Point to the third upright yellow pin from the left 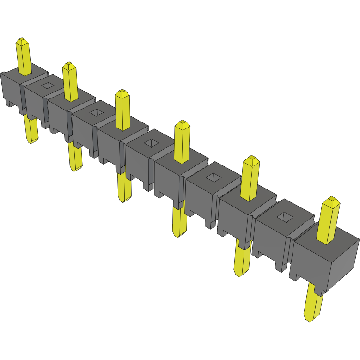[122, 111]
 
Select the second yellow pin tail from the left [74, 157]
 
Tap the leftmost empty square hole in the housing [48, 85]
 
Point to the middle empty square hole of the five [151, 143]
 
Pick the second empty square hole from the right [213, 177]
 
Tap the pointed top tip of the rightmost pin [331, 200]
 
